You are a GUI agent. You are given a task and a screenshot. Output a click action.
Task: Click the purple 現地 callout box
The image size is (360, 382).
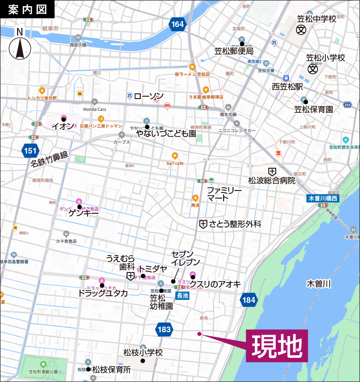click(277, 346)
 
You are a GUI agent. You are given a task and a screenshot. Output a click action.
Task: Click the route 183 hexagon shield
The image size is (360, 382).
click(163, 329)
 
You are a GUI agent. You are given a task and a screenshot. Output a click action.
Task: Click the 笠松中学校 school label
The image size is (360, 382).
click(316, 19)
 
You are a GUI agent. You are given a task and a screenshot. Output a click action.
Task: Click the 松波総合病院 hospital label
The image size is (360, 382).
click(271, 181)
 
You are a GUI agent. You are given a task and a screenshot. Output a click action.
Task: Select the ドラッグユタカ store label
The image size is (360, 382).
click(103, 293)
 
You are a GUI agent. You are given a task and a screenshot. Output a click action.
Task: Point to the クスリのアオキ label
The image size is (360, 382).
click(216, 284)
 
